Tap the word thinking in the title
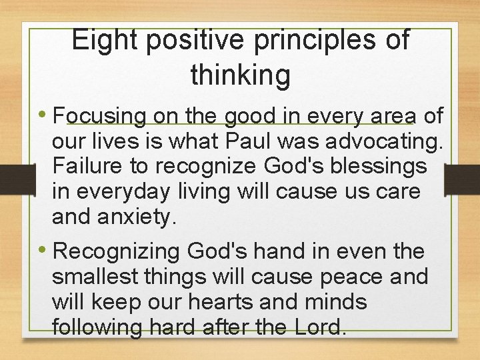[241, 75]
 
